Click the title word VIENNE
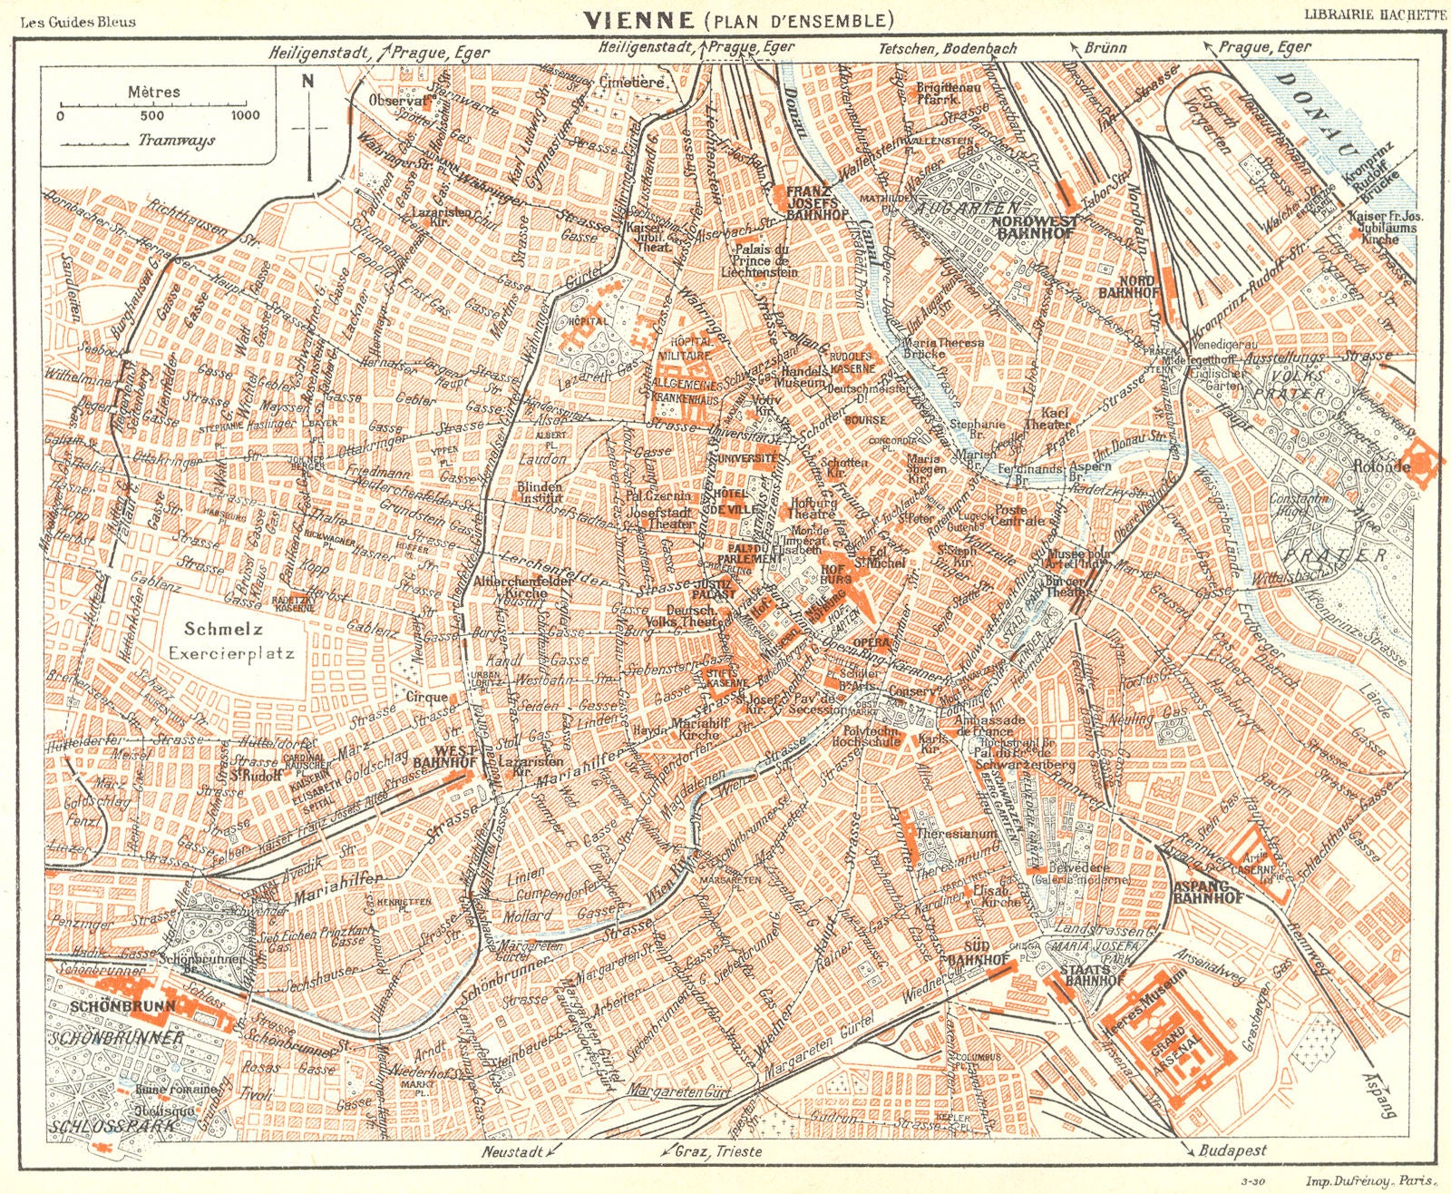pos(627,19)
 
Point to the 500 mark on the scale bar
pos(152,115)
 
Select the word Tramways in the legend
pos(177,141)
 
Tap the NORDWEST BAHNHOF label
pos(1034,227)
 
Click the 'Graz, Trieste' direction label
pos(717,1150)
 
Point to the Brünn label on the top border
pos(1105,48)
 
